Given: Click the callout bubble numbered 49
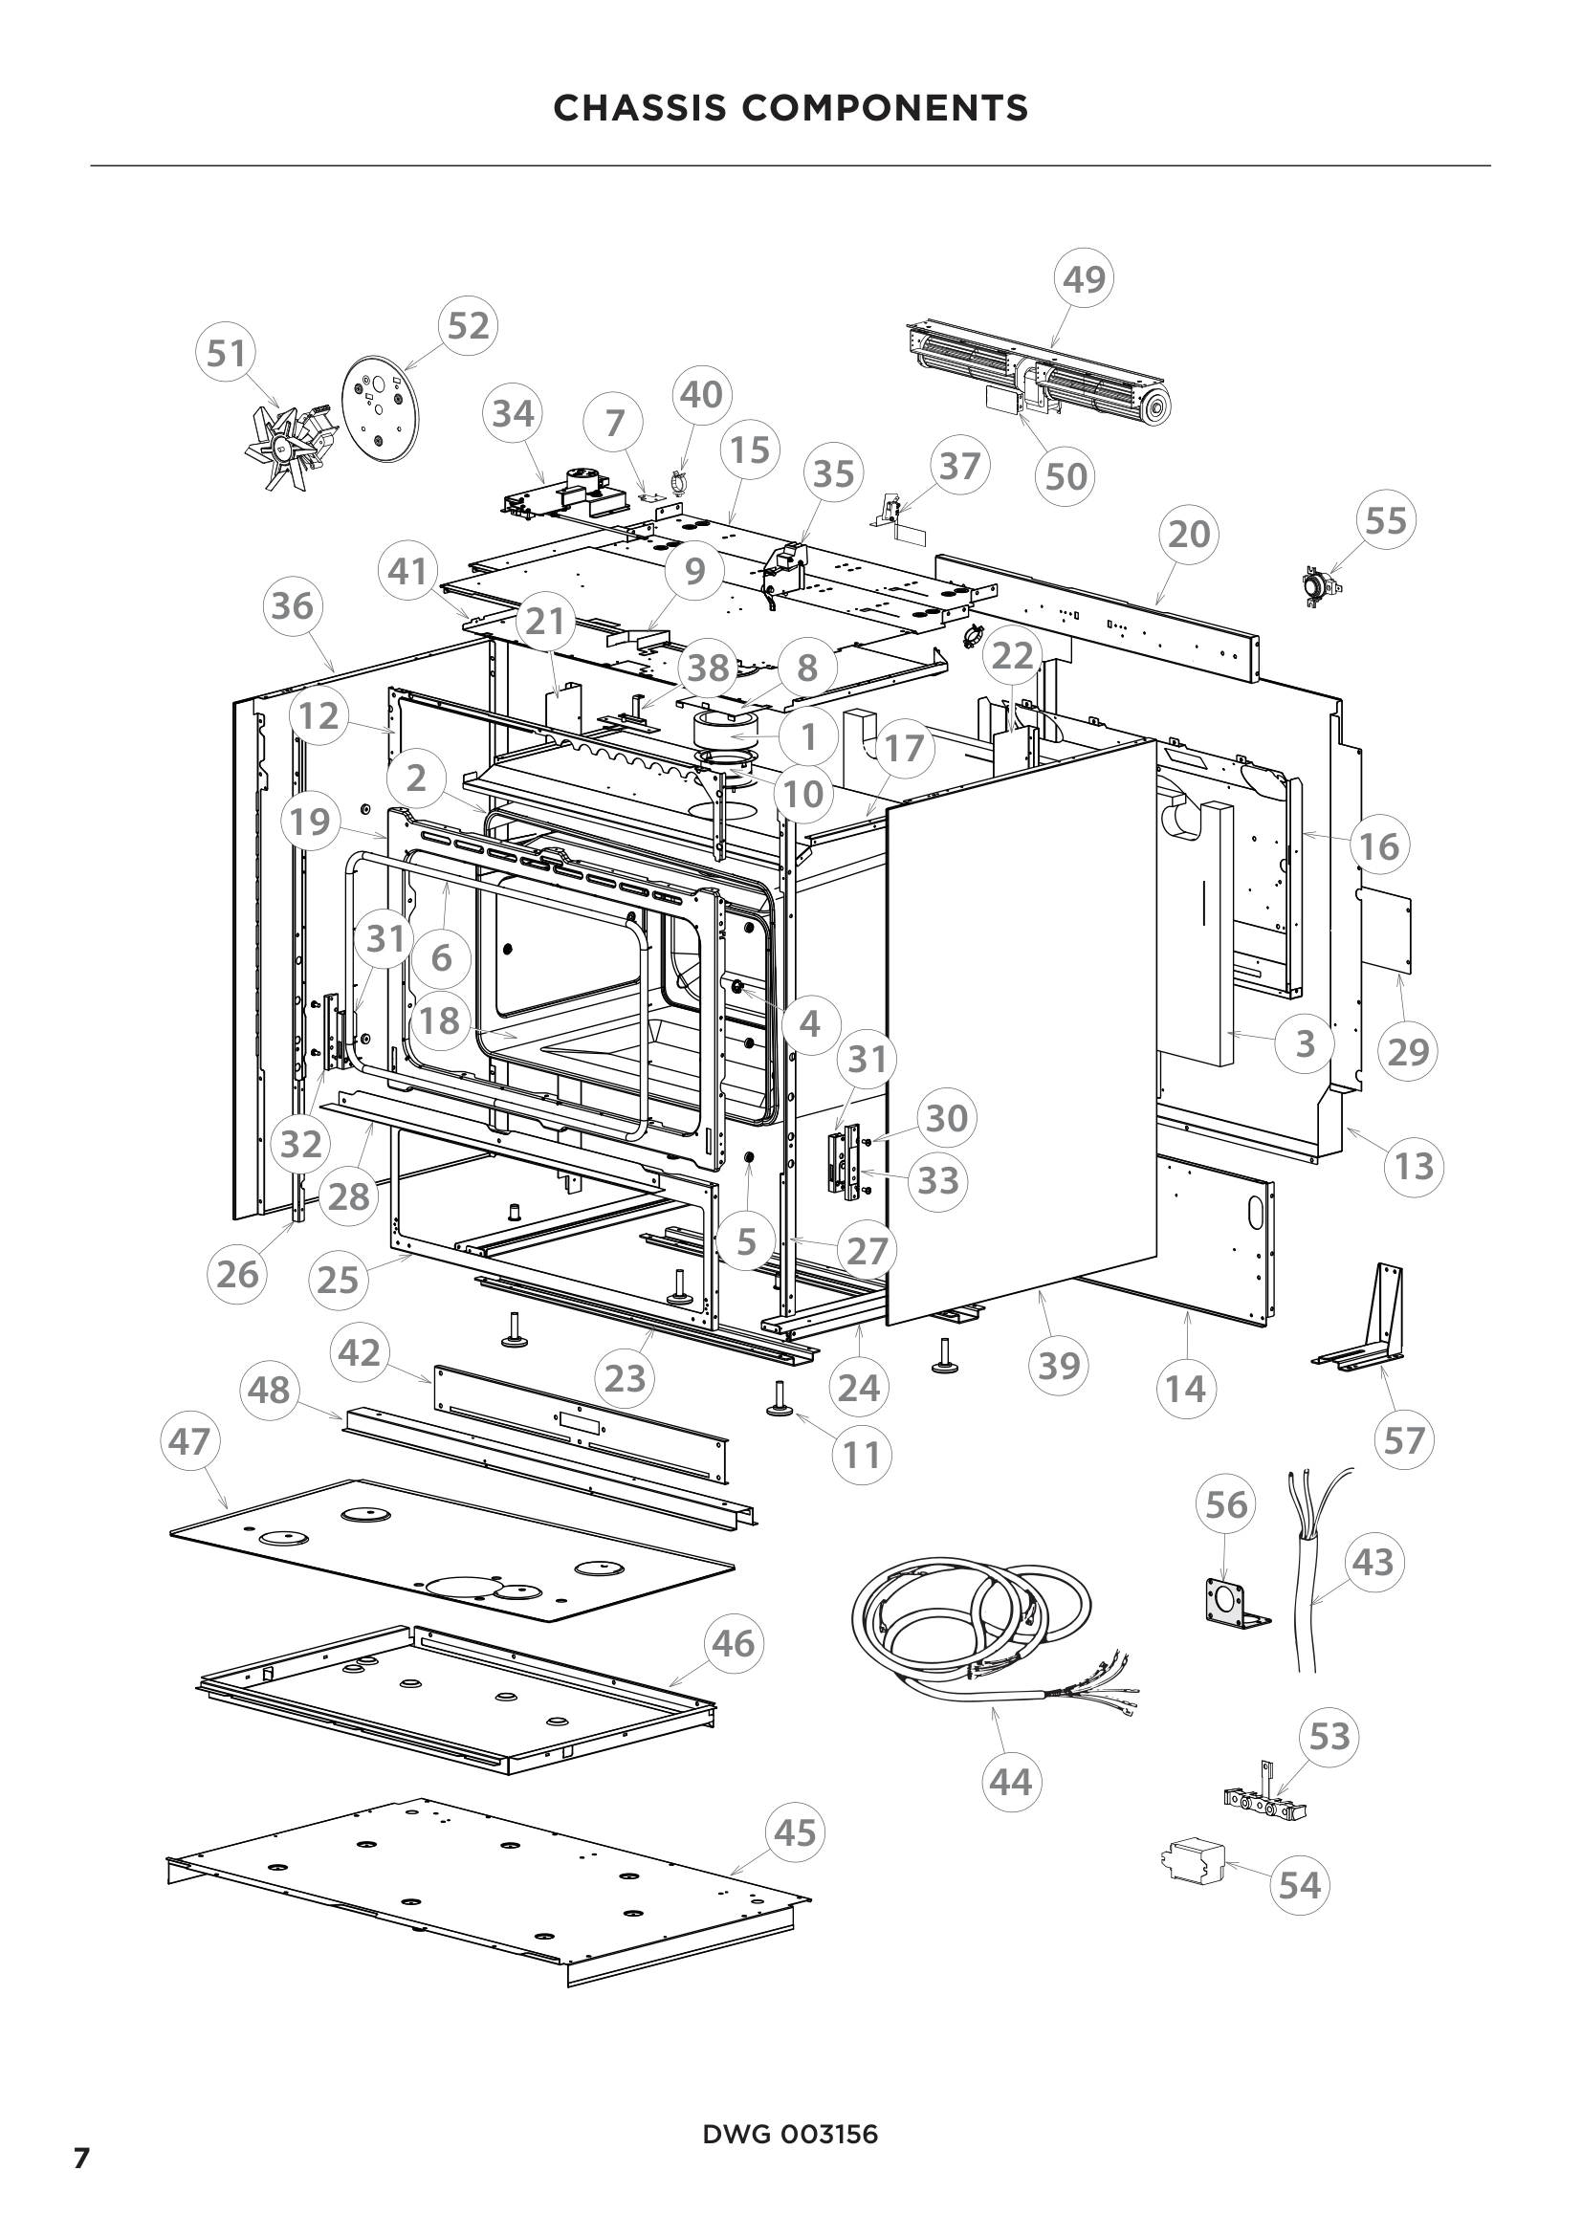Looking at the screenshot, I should (1085, 279).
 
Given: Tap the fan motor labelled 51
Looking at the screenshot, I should (292, 444).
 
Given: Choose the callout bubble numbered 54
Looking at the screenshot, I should (1300, 1885).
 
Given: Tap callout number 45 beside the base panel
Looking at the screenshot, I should (795, 1832).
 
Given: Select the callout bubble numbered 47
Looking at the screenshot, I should (189, 1440).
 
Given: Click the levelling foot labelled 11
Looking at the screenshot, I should (782, 1398).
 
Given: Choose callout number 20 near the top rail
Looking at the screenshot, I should (1189, 534).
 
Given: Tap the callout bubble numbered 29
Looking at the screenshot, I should (1408, 1052).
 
